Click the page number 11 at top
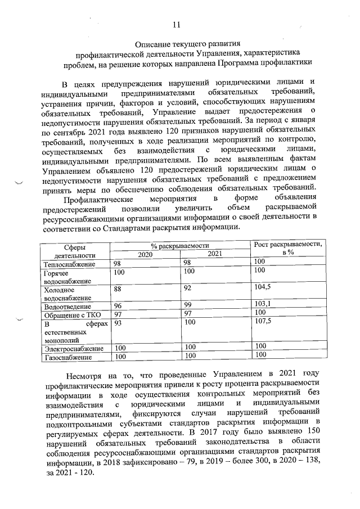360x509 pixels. pos(177,25)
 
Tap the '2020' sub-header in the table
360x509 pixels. pos(146,254)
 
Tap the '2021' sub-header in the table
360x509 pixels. pos(215,254)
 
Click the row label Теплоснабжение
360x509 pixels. pos(69,264)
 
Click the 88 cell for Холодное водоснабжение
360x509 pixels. pos(118,287)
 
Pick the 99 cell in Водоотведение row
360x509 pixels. pos(188,305)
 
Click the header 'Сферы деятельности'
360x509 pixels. pos(74,250)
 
